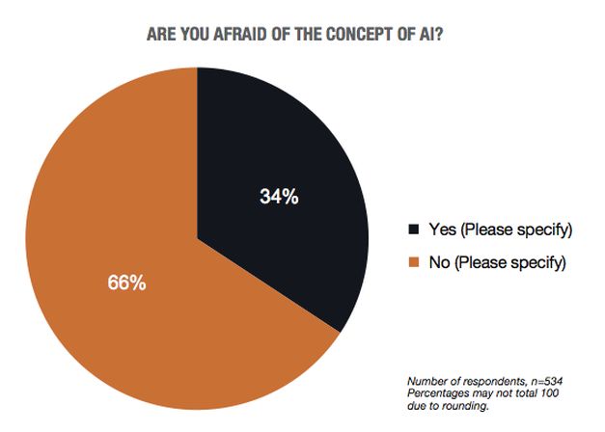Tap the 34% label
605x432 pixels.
279,196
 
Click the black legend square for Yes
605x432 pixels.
414,229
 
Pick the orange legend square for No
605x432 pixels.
414,261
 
